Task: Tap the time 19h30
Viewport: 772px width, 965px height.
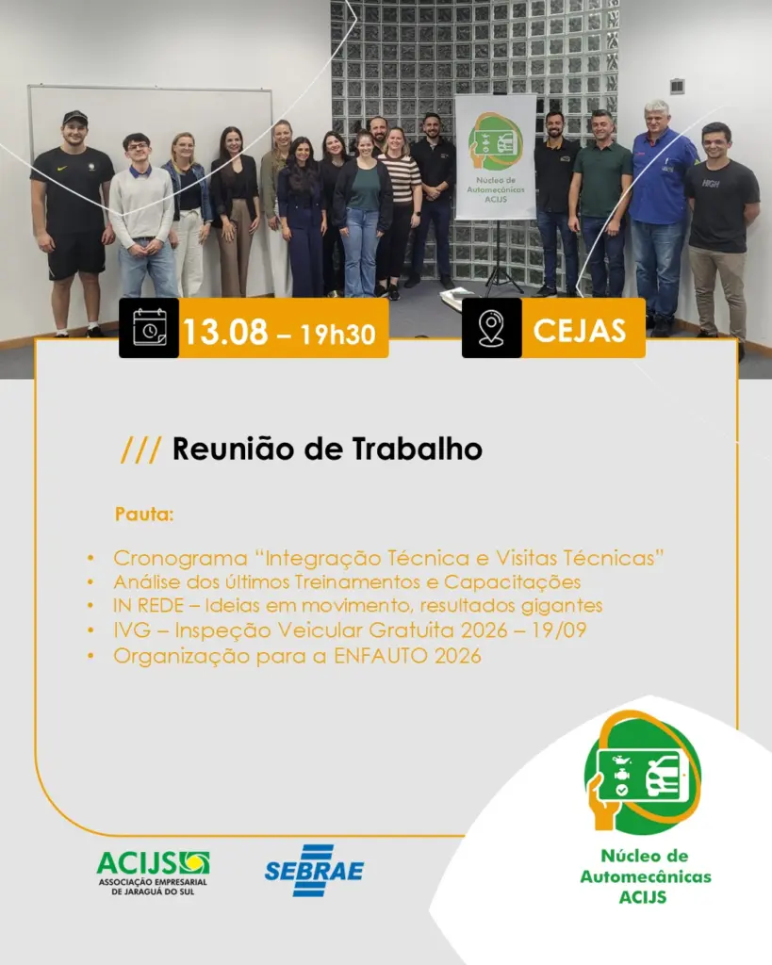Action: [x=338, y=335]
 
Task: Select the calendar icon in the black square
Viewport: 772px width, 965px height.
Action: [x=150, y=328]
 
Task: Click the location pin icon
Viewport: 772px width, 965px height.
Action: [x=491, y=328]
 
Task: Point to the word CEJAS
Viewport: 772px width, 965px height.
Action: [x=580, y=331]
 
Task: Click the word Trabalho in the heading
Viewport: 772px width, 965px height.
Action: [x=418, y=449]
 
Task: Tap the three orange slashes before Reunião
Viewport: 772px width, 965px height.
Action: [x=141, y=450]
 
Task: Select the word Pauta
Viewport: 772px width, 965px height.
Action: [x=144, y=514]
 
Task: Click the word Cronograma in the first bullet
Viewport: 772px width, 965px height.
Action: [x=180, y=558]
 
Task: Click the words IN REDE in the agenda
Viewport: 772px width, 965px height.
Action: [x=148, y=606]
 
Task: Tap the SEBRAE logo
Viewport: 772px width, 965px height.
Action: [x=314, y=870]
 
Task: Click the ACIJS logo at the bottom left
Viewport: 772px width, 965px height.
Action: [x=153, y=873]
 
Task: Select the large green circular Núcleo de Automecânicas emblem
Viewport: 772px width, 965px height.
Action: [x=642, y=772]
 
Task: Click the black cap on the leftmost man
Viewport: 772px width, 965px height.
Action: [x=75, y=117]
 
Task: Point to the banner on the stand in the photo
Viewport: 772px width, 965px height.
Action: [x=496, y=157]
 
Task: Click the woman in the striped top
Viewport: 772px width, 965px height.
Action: [x=400, y=209]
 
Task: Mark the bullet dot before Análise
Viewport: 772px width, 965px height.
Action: [x=90, y=582]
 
